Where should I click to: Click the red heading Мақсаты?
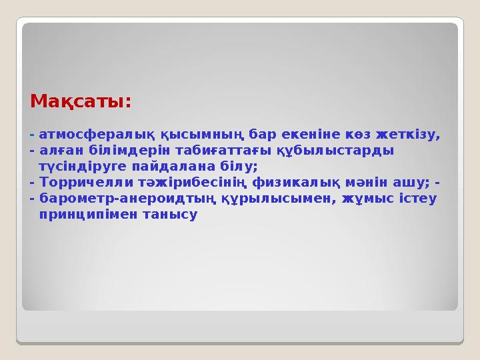pyautogui.click(x=81, y=103)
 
